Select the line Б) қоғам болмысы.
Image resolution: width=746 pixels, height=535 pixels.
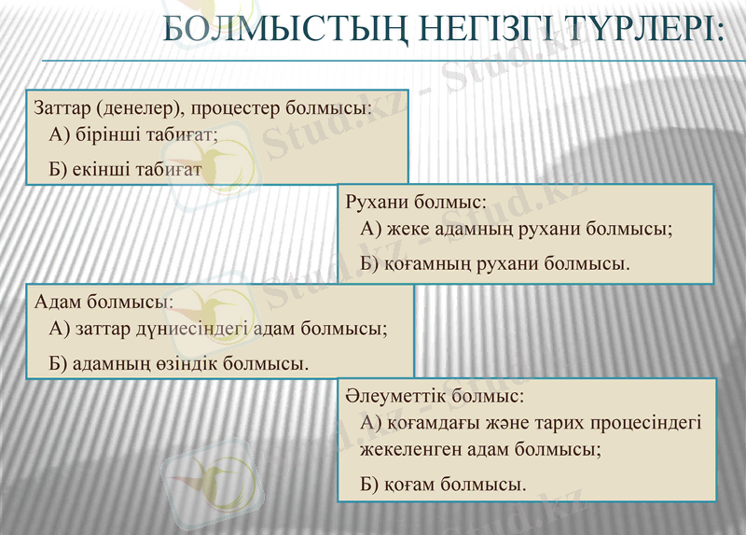pos(443,484)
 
